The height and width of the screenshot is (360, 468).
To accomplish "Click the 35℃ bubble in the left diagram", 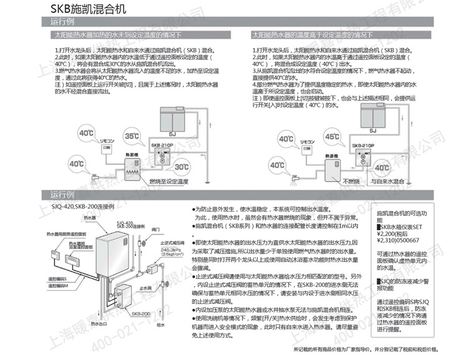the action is coord(131,135).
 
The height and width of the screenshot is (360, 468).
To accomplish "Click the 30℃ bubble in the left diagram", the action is coord(182,167).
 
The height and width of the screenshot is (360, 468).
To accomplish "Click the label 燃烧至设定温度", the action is coord(167,181).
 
